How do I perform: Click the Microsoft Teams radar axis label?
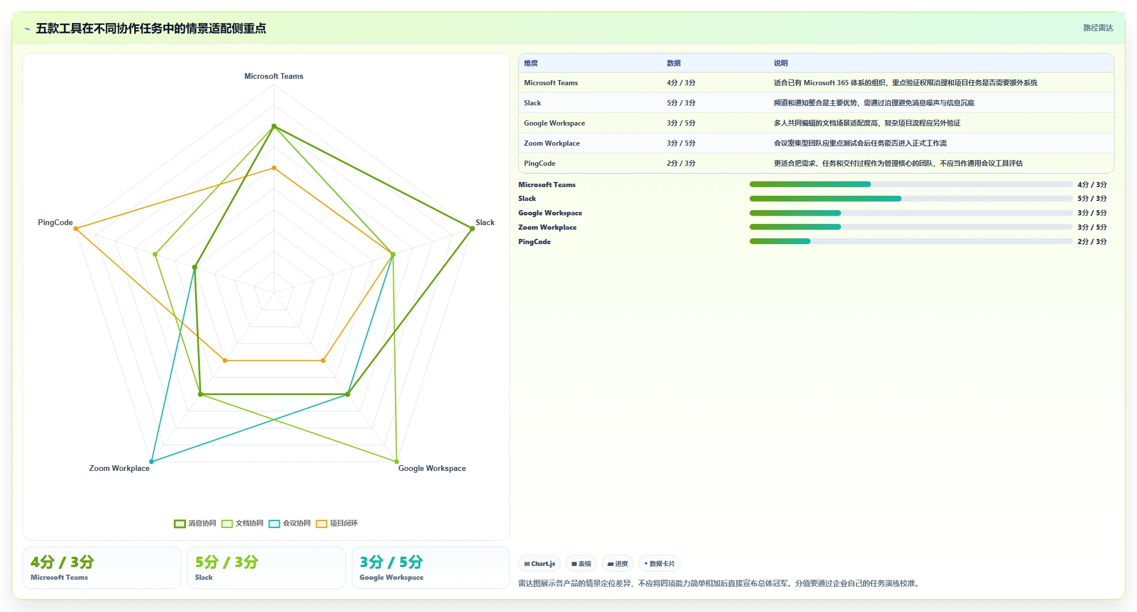pyautogui.click(x=273, y=76)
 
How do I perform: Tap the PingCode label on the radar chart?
pyautogui.click(x=55, y=222)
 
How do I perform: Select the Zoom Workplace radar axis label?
pyautogui.click(x=119, y=468)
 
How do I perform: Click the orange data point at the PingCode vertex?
pyautogui.click(x=76, y=229)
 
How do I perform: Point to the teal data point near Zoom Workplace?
pyautogui.click(x=151, y=461)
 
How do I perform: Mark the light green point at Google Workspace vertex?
pyautogui.click(x=396, y=461)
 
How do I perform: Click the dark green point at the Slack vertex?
pyautogui.click(x=472, y=229)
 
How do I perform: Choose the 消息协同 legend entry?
pyautogui.click(x=195, y=523)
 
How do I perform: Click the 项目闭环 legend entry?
pyautogui.click(x=337, y=523)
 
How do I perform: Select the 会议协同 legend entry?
pyautogui.click(x=290, y=523)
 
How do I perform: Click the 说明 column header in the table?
pyautogui.click(x=781, y=63)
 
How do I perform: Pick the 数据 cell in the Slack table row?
pyautogui.click(x=681, y=103)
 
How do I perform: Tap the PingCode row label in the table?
pyautogui.click(x=539, y=164)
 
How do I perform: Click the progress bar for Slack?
pyautogui.click(x=911, y=199)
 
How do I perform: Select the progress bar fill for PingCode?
pyautogui.click(x=780, y=241)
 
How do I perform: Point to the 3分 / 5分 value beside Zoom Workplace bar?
pyautogui.click(x=1092, y=227)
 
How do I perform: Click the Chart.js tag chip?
pyautogui.click(x=539, y=564)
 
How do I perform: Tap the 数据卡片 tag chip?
pyautogui.click(x=659, y=564)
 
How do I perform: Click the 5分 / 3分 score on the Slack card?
pyautogui.click(x=227, y=562)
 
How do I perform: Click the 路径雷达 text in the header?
pyautogui.click(x=1098, y=28)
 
